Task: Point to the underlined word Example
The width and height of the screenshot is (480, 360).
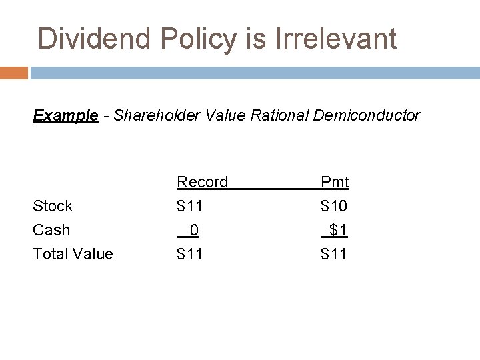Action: pyautogui.click(x=65, y=115)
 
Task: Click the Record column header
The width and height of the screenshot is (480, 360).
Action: pyautogui.click(x=202, y=182)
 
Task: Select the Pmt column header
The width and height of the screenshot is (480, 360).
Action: pyautogui.click(x=335, y=182)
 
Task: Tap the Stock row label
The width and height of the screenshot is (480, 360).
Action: pyautogui.click(x=53, y=206)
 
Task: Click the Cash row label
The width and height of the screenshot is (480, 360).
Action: pyautogui.click(x=51, y=230)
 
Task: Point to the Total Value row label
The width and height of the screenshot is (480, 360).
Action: pyautogui.click(x=73, y=254)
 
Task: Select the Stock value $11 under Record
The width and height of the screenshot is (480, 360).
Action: pyautogui.click(x=189, y=206)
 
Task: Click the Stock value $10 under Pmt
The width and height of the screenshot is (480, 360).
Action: pyautogui.click(x=334, y=206)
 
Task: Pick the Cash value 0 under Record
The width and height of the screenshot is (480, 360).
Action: pyautogui.click(x=193, y=230)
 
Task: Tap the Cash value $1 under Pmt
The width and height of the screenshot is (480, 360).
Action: pyautogui.click(x=338, y=230)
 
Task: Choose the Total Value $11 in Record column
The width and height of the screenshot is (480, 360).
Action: pyautogui.click(x=189, y=254)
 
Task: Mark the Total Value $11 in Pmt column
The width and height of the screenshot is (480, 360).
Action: pyautogui.click(x=334, y=254)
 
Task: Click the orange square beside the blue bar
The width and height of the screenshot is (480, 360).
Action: pyautogui.click(x=14, y=73)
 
